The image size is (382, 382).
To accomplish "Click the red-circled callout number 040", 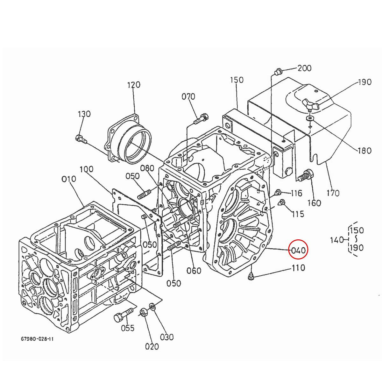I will [x=298, y=250].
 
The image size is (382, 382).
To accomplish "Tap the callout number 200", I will [x=304, y=68].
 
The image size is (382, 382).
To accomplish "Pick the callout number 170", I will [x=333, y=193].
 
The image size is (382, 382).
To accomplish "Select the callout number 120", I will [x=134, y=85].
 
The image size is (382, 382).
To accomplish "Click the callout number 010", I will [x=69, y=179].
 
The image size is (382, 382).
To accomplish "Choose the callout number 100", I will [x=87, y=169].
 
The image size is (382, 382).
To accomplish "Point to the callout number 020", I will [x=152, y=346].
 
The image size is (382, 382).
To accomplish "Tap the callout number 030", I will [x=167, y=337].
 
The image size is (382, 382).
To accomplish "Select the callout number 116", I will [x=296, y=193].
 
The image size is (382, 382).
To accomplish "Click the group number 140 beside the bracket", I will [x=337, y=240].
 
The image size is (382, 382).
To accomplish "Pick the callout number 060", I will [x=194, y=271].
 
